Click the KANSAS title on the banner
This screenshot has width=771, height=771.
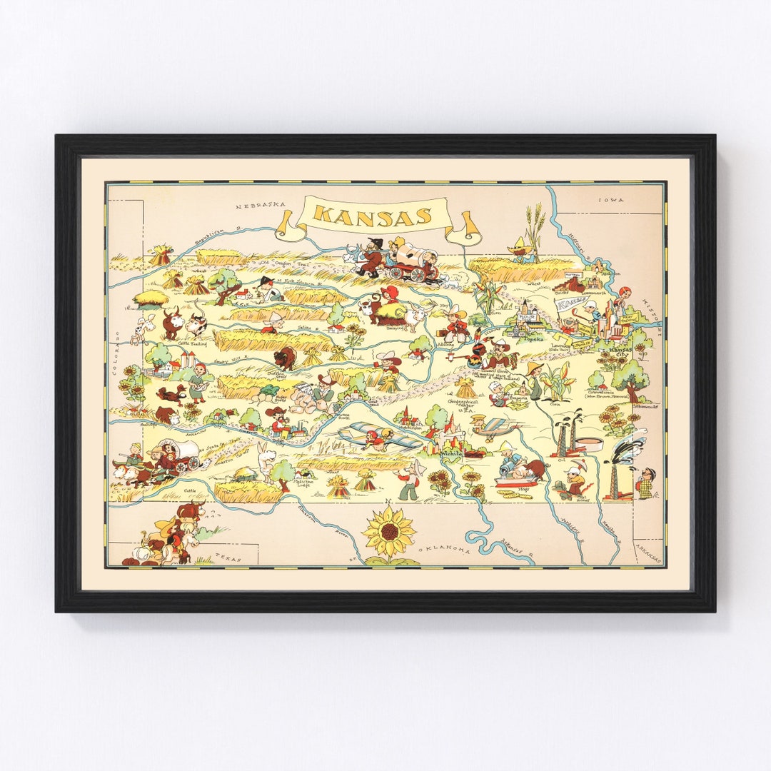373,215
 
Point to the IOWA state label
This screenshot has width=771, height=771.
611,200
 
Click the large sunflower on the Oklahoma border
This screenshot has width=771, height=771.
388,533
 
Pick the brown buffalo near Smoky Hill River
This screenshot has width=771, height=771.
284,358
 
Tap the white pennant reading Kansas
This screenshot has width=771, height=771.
572,306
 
